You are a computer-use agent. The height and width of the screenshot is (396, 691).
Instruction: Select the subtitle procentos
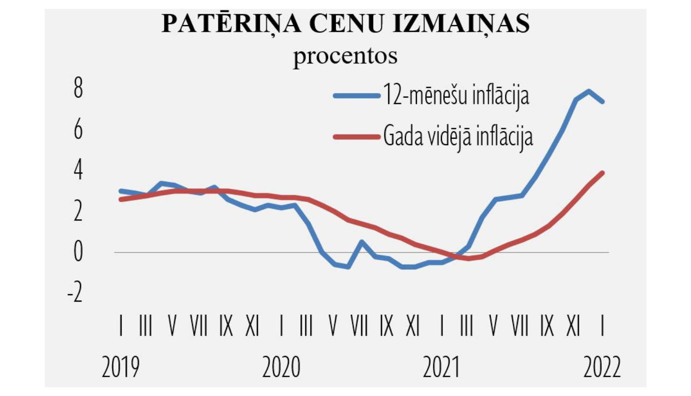(345, 56)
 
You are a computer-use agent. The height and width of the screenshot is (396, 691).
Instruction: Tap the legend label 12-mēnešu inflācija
(456, 96)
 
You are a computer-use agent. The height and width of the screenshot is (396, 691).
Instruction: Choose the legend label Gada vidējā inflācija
(458, 136)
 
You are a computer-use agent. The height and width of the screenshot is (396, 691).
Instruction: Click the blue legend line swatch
(357, 96)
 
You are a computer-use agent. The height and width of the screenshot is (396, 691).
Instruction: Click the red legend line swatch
(357, 136)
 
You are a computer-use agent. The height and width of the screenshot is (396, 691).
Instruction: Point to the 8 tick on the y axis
(78, 88)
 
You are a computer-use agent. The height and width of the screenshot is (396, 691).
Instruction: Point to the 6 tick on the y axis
(78, 129)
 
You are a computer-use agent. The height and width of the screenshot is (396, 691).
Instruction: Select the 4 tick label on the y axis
(78, 170)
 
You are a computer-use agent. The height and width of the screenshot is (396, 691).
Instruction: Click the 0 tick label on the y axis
(78, 252)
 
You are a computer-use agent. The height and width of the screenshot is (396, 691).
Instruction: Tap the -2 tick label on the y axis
(75, 293)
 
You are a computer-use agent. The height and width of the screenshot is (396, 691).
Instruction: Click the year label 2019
(120, 367)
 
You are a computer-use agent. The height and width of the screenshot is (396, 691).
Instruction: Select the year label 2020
(281, 367)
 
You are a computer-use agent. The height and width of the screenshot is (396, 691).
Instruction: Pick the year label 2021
(441, 367)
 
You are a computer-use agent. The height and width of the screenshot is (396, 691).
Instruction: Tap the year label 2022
(602, 367)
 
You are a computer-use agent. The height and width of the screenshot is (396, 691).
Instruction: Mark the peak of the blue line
(588, 91)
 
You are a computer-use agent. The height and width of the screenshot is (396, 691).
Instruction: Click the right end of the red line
(602, 173)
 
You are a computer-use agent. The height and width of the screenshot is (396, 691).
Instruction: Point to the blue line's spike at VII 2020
(362, 242)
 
